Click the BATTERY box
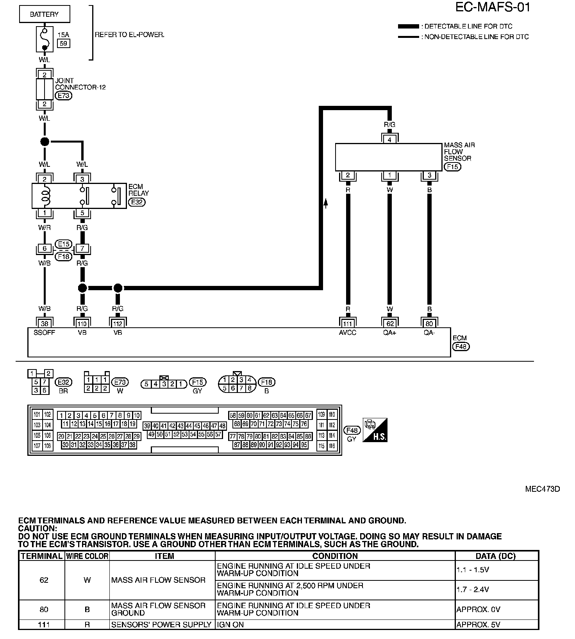[x=45, y=15]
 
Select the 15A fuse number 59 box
[x=63, y=43]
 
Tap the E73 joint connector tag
[x=63, y=95]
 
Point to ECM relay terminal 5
[x=82, y=213]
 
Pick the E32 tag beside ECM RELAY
[x=137, y=202]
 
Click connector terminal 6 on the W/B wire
[x=45, y=248]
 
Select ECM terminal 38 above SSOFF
[x=45, y=323]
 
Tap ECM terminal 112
[x=118, y=323]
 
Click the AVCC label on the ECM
[x=347, y=333]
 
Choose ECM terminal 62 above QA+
[x=390, y=323]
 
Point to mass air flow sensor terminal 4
[x=389, y=139]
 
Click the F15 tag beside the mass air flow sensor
[x=453, y=167]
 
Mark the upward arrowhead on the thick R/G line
[x=325, y=202]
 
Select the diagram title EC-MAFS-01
[x=493, y=7]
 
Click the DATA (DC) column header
[x=496, y=556]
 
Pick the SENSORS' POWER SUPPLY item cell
[x=161, y=625]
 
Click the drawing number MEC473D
[x=543, y=489]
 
